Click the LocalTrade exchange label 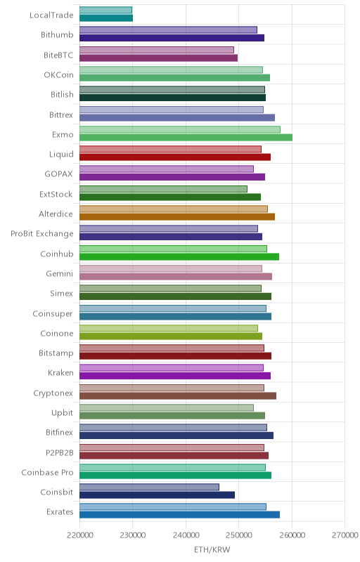click(51, 15)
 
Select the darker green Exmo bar click(186, 137)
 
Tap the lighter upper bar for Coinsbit click(149, 487)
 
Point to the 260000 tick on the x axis click(292, 535)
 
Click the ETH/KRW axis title click(212, 550)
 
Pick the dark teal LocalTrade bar click(106, 18)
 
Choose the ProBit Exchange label click(42, 234)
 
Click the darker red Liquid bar click(175, 157)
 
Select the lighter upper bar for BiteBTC click(157, 50)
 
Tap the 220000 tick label click(79, 535)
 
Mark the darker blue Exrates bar click(179, 515)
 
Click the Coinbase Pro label click(47, 472)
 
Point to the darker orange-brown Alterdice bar click(177, 216)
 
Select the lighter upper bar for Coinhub click(173, 249)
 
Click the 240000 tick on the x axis click(186, 535)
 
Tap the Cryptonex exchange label click(53, 393)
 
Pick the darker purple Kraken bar click(175, 376)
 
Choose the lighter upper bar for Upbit click(167, 407)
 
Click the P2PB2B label click(60, 452)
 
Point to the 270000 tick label click(345, 535)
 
